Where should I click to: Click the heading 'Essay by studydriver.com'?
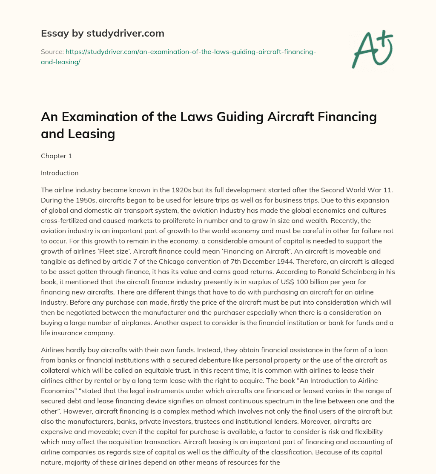[102, 33]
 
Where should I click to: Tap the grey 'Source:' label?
[52, 51]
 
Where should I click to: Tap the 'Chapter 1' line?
[56, 156]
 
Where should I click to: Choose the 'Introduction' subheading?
[60, 173]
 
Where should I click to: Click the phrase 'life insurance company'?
[77, 333]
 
